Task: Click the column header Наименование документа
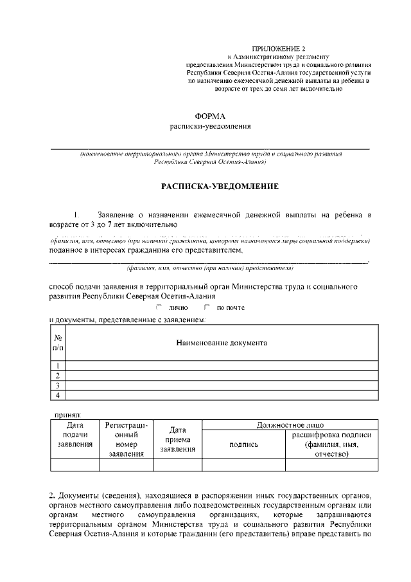pyautogui.click(x=222, y=343)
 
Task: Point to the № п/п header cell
pyautogui.click(x=58, y=343)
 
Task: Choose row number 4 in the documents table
pyautogui.click(x=58, y=395)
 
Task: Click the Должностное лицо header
pyautogui.click(x=290, y=425)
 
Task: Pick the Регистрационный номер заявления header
pyautogui.click(x=126, y=440)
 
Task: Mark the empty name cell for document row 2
pyautogui.click(x=222, y=376)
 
